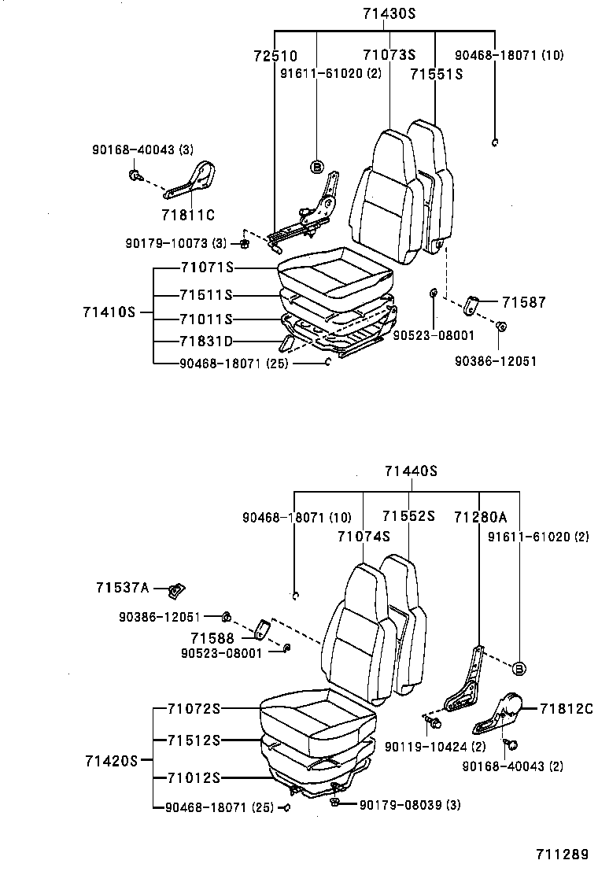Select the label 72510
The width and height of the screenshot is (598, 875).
(275, 56)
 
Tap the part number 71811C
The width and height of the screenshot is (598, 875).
(188, 213)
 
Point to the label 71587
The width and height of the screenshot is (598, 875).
(523, 302)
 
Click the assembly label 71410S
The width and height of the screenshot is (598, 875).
(109, 312)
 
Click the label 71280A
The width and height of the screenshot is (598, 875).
(480, 516)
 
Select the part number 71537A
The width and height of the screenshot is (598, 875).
(122, 587)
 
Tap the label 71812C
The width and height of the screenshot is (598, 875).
(566, 709)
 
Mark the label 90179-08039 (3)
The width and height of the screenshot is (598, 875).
(409, 804)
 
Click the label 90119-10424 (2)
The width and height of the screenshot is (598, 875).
(423, 746)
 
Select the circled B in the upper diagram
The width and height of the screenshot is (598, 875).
(316, 167)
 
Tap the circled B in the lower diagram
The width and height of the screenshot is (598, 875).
(519, 669)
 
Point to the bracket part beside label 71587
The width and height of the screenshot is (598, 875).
(473, 305)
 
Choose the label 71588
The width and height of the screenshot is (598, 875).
(212, 637)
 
